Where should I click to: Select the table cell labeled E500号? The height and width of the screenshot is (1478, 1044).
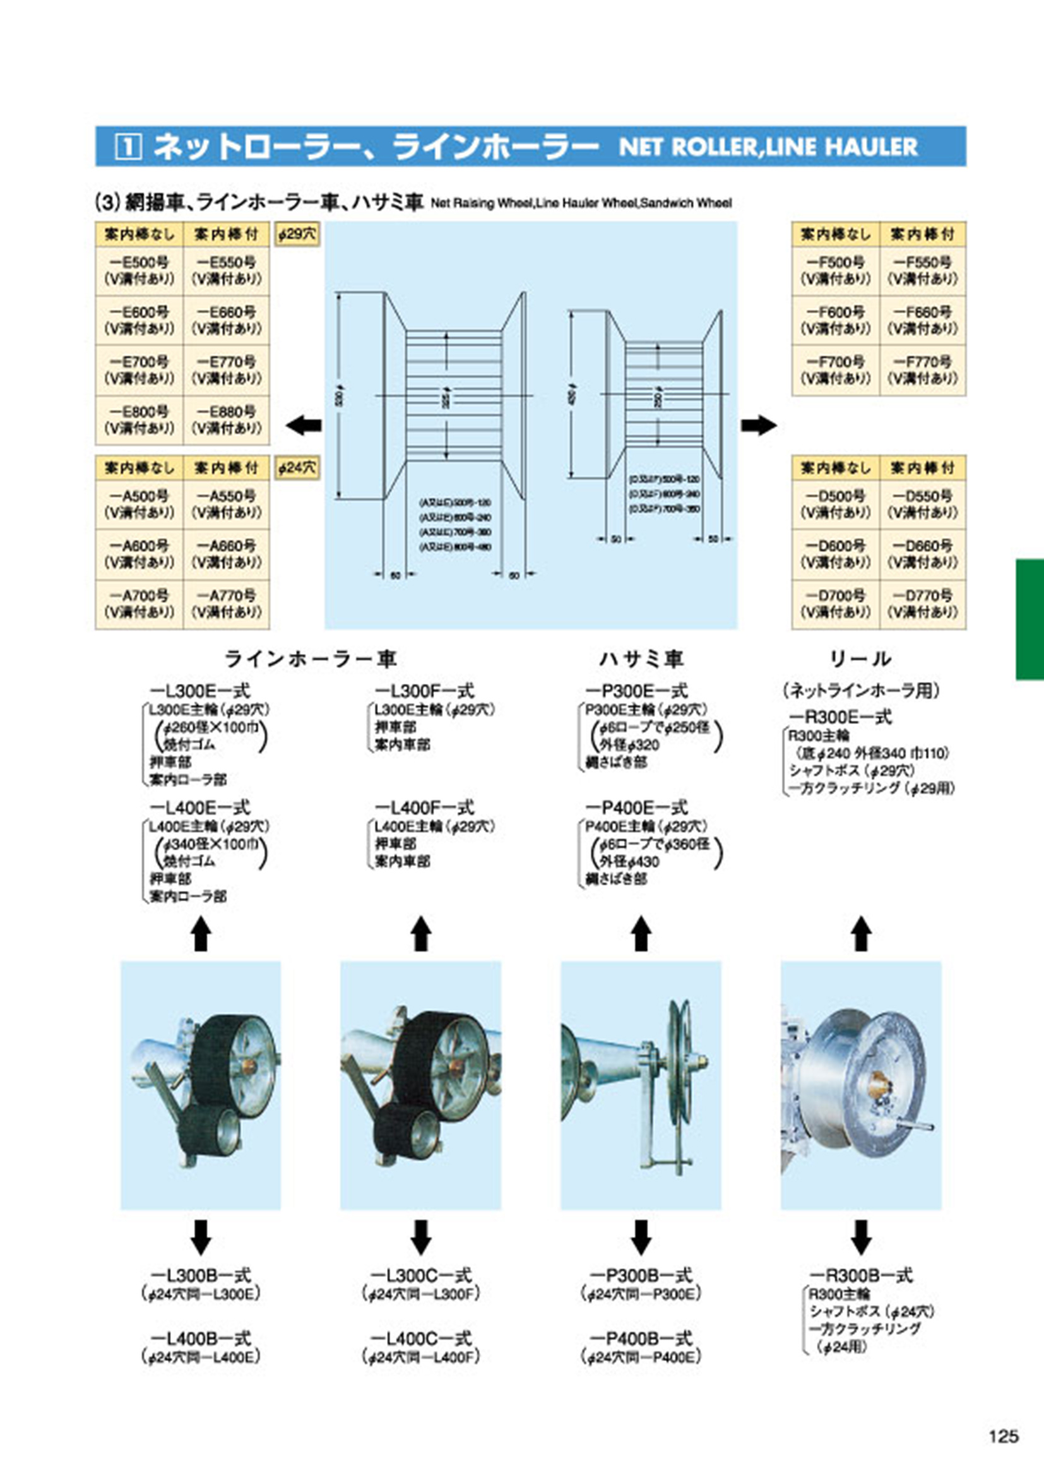pos(139,270)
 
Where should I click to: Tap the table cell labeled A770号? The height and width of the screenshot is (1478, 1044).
pos(226,604)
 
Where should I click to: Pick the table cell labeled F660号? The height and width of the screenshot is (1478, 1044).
pos(922,320)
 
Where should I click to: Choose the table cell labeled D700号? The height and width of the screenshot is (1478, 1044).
pos(836,604)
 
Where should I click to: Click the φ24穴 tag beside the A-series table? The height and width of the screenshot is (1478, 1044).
pos(297,468)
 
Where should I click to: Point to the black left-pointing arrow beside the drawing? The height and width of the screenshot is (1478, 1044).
pos(303,425)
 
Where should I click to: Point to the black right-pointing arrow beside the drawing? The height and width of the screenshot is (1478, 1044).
pos(759,425)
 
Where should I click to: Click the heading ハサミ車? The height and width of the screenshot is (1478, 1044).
pos(641,659)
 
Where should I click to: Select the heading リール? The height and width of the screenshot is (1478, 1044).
pos(860,659)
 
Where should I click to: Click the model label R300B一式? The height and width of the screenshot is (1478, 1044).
pos(860,1275)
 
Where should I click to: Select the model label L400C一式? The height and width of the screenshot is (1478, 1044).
pos(422,1338)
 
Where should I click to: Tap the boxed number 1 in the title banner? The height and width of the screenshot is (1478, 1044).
pos(128,147)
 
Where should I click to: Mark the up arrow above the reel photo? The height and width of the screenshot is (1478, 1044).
pos(861,934)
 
